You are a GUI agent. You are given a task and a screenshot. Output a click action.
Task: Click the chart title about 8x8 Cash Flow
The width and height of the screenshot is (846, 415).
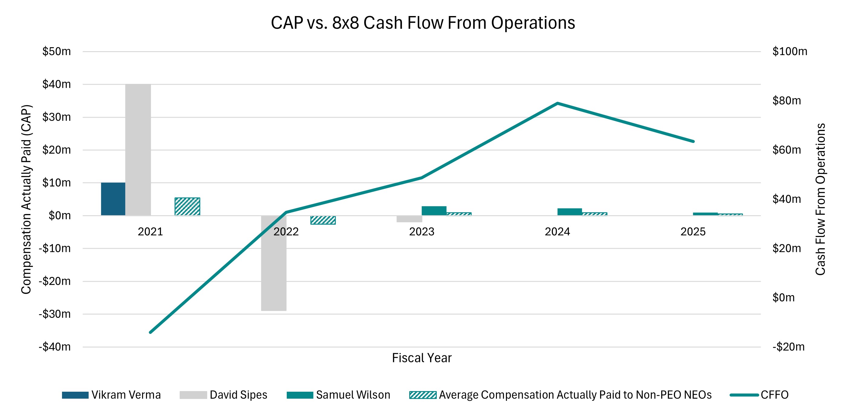point(423,23)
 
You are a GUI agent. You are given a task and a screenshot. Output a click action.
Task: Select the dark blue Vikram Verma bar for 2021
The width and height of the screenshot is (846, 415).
point(113,199)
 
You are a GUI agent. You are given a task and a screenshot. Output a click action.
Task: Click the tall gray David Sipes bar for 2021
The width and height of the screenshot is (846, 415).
point(138,150)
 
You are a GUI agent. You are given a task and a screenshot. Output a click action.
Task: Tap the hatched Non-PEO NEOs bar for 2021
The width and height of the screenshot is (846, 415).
point(187,206)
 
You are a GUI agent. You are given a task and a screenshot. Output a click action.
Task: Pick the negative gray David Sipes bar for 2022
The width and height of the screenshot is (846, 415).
point(273,263)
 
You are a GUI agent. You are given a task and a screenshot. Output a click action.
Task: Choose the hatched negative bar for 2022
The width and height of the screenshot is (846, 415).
point(323,220)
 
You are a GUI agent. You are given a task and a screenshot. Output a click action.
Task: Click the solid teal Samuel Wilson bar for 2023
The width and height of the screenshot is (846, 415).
point(434,211)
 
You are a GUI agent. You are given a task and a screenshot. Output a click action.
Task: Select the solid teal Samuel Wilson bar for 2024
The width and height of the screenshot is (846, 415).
point(570,212)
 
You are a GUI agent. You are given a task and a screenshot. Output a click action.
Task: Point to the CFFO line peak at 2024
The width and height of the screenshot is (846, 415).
point(557,103)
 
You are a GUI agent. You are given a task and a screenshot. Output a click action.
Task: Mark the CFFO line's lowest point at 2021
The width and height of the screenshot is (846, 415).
point(150,332)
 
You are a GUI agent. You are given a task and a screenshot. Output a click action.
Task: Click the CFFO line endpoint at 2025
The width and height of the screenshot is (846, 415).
point(693,141)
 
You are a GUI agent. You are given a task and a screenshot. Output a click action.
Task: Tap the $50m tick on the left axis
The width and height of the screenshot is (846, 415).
point(56,51)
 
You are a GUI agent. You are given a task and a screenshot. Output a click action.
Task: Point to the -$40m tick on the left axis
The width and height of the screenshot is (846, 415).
point(54,347)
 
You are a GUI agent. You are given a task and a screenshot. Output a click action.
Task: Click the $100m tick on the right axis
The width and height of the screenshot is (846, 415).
point(789,51)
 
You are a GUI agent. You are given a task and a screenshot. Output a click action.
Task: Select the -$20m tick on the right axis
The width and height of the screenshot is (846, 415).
point(788,347)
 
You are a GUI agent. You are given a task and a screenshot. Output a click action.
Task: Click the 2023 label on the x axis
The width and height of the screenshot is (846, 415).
point(422,232)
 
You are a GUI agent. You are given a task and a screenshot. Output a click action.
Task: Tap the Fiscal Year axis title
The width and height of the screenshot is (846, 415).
point(422,358)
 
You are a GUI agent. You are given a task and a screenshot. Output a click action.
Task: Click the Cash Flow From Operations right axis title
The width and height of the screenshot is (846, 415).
point(820,199)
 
